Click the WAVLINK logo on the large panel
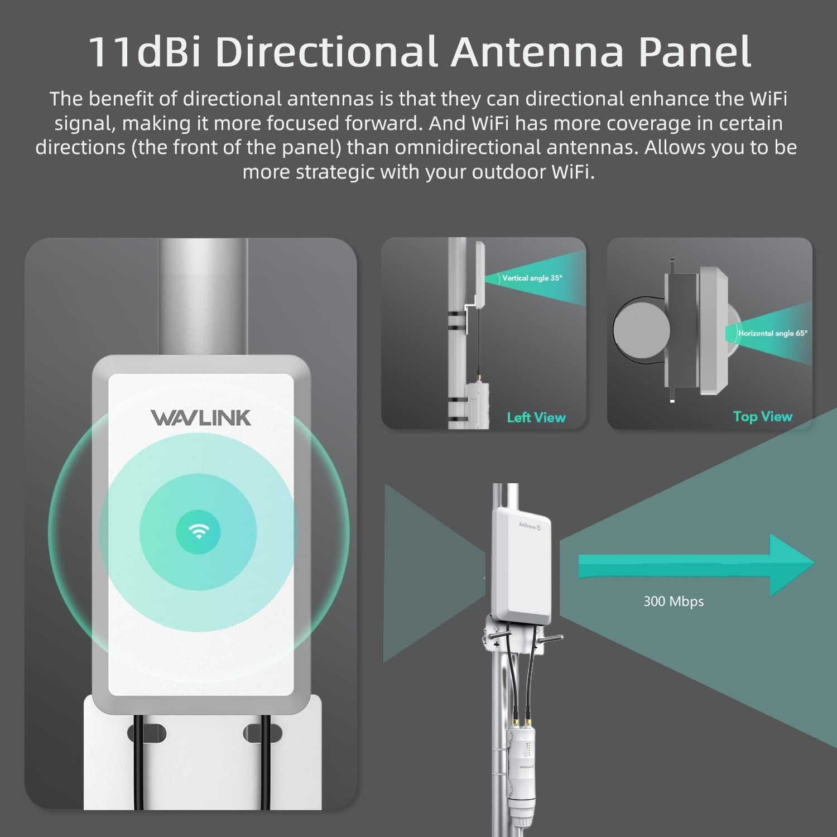point(201,418)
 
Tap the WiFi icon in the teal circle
point(198,531)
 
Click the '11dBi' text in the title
point(144,52)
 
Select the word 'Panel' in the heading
point(695,52)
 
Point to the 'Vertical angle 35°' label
point(532,278)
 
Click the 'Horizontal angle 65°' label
point(772,333)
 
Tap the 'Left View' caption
point(536,417)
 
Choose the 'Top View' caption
point(762,416)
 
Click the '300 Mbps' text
point(674,601)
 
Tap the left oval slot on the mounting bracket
point(147,733)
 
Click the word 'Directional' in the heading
point(325,52)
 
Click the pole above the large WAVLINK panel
point(203,296)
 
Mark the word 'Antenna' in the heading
point(537,52)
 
